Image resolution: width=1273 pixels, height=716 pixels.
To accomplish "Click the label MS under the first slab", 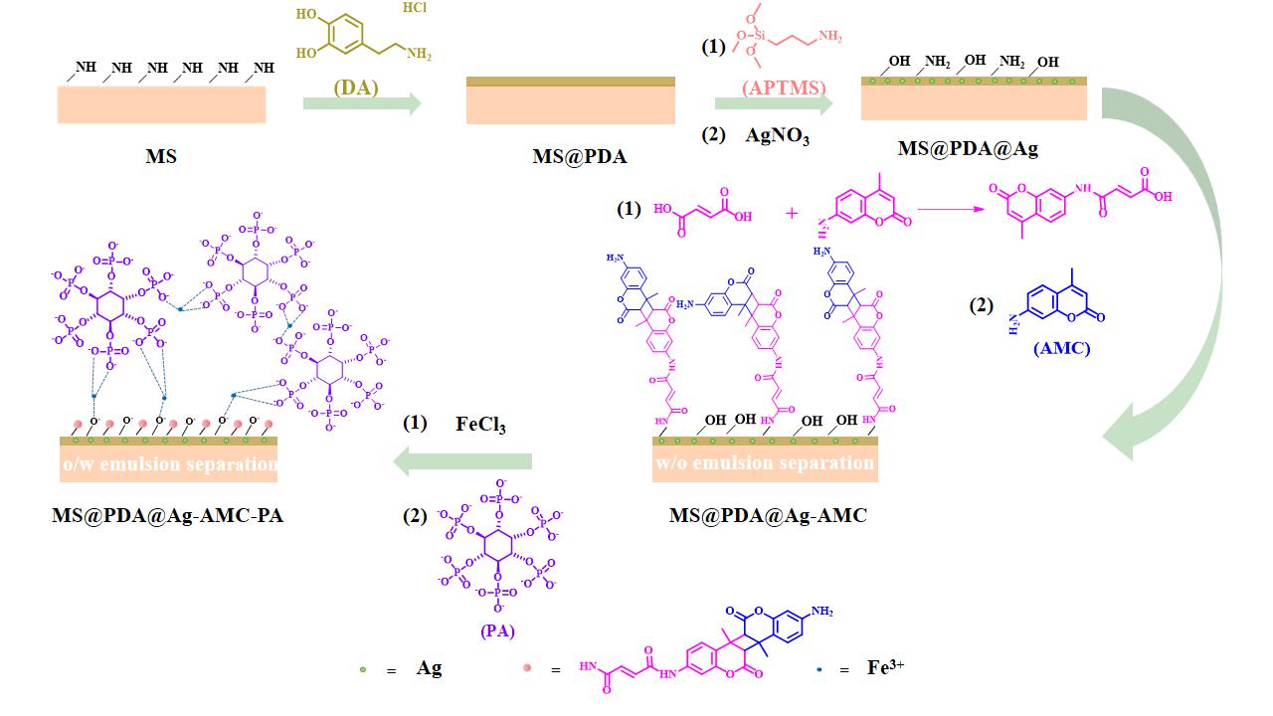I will [x=161, y=156].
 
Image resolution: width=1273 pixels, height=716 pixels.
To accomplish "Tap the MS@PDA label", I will [x=580, y=156].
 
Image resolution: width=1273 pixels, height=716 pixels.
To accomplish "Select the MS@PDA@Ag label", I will [x=969, y=149].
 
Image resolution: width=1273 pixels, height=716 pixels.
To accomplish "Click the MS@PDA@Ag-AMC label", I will [x=768, y=515].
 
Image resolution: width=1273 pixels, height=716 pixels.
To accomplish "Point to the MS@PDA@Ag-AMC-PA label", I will [x=168, y=515].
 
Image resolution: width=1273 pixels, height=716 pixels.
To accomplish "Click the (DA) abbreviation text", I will [x=356, y=88].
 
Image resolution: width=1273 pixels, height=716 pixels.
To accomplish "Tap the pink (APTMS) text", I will [x=785, y=88].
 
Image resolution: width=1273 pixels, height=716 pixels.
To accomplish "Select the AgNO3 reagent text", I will [x=777, y=137].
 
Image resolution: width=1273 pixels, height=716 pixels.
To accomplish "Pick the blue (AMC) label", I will [x=1061, y=348].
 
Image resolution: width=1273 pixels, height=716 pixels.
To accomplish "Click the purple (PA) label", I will [x=497, y=629].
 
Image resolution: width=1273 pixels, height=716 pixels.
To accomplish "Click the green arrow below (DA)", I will [x=362, y=103].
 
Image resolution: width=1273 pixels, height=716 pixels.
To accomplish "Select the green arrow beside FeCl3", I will [x=462, y=460].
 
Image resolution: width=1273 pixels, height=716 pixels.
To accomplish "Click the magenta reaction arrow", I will [x=946, y=210].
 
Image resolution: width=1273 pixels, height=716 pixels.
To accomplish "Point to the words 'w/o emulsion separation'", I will [x=764, y=462].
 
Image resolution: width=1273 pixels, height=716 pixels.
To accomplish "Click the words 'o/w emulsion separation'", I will [x=169, y=463].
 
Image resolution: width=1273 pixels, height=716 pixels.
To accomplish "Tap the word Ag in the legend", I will [x=429, y=668].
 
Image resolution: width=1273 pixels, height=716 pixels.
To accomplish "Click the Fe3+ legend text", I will [x=885, y=667].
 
